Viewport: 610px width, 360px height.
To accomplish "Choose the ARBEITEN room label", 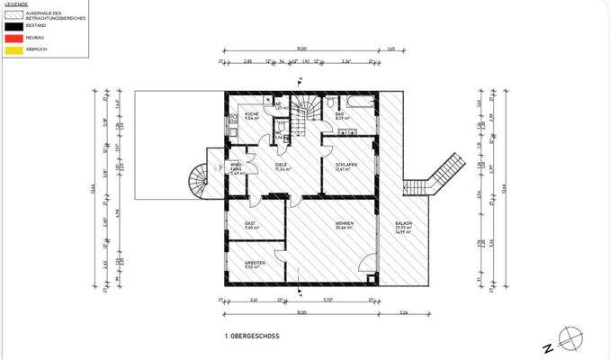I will click(255, 265).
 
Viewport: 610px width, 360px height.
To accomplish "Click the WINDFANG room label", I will click(236, 167).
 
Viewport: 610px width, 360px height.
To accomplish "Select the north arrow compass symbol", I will click(570, 338).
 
